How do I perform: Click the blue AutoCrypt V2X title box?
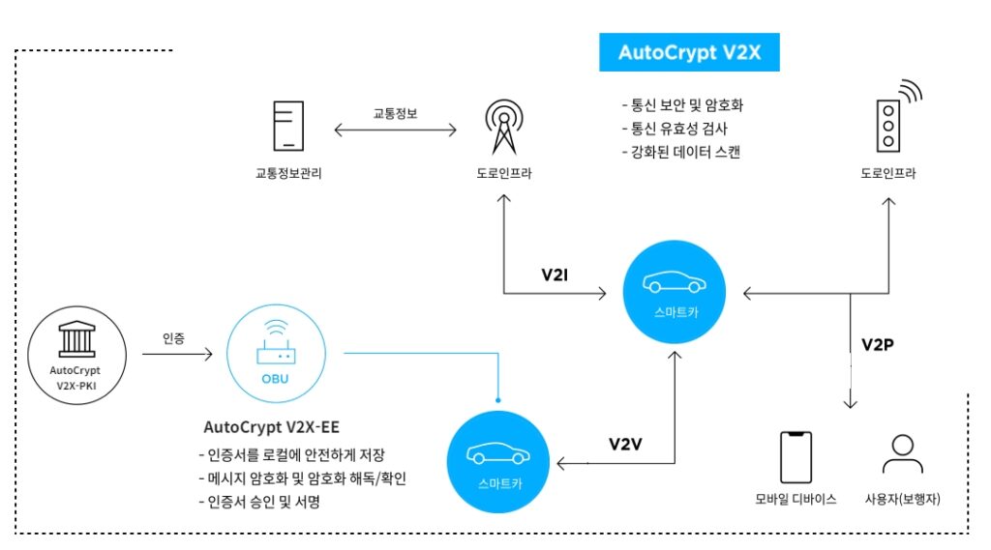tap(689, 53)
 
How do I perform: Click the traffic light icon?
tap(887, 123)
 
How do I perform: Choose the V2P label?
tap(877, 344)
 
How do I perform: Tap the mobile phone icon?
tap(796, 456)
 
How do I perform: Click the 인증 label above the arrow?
tap(175, 338)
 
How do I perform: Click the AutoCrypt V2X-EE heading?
tap(271, 426)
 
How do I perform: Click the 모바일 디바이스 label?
tap(796, 499)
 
